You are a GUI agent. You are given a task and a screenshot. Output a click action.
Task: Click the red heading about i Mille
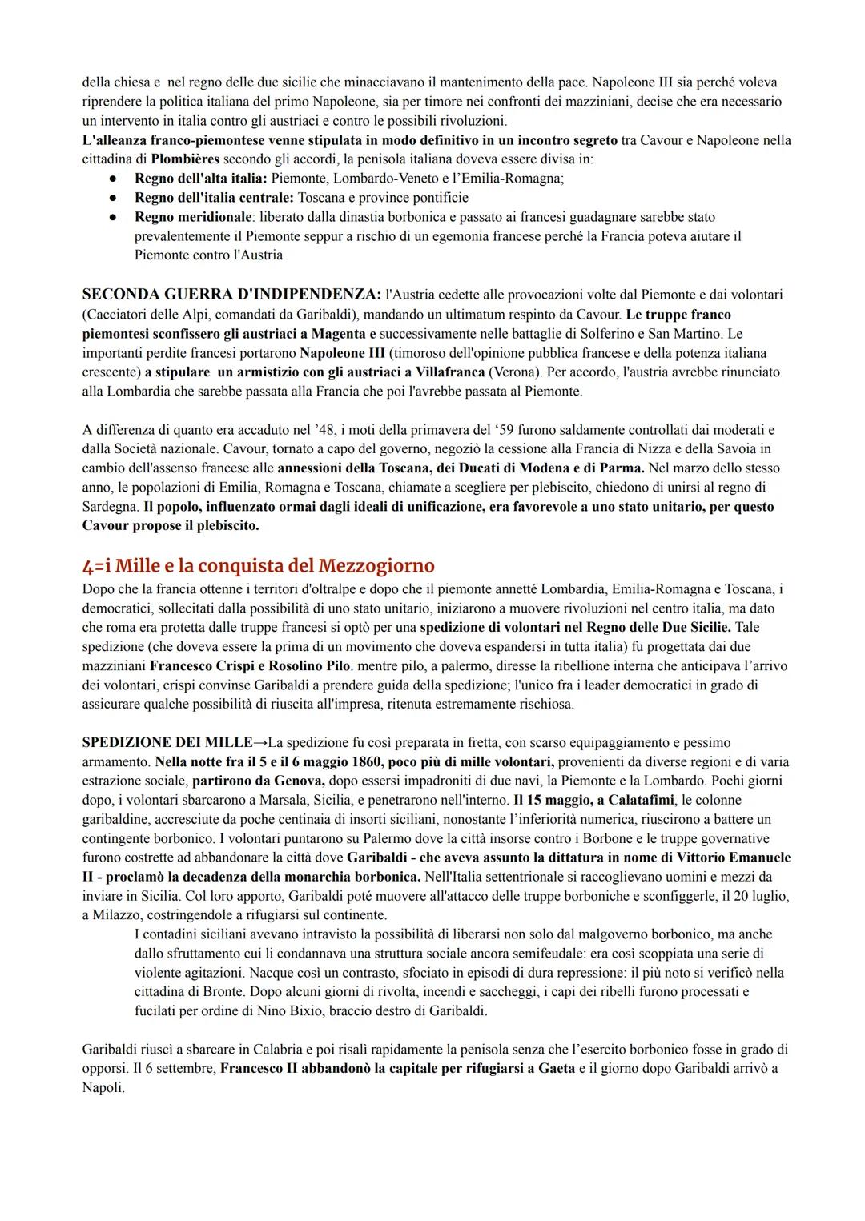(x=258, y=565)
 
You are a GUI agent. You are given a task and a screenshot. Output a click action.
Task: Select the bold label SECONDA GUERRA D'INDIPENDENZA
(x=231, y=295)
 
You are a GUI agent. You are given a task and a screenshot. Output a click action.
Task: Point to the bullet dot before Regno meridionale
(x=115, y=217)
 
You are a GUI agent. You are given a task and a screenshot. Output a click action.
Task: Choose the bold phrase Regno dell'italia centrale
(x=214, y=197)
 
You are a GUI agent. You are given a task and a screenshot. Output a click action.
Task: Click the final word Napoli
(x=103, y=1087)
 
